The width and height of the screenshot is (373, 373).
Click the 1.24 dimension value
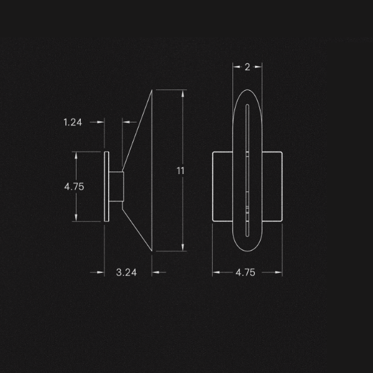73,122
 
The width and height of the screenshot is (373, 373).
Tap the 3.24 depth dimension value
127,272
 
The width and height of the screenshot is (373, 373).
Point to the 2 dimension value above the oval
247,67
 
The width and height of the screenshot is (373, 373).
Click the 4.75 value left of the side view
74,186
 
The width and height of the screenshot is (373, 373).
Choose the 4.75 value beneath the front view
247,272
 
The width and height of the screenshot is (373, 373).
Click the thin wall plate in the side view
106,186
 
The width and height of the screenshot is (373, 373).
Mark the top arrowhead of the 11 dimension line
183,93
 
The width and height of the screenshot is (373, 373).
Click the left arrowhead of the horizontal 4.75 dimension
216,272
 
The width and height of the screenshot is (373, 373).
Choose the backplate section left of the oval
223,186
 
